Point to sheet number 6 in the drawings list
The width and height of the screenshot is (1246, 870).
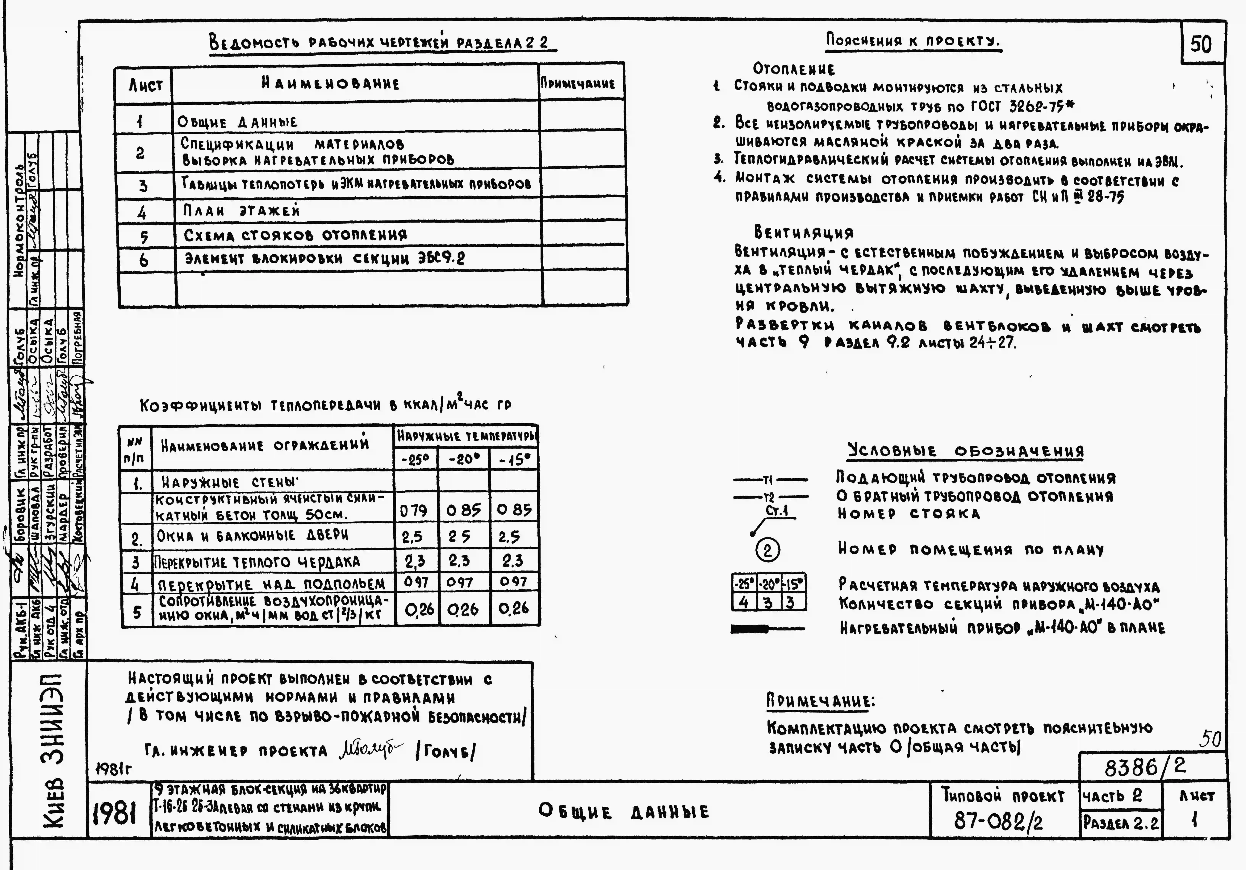pos(143,260)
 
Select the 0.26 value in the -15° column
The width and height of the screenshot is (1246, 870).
pos(513,608)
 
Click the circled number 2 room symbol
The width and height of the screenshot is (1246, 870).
pos(767,551)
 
